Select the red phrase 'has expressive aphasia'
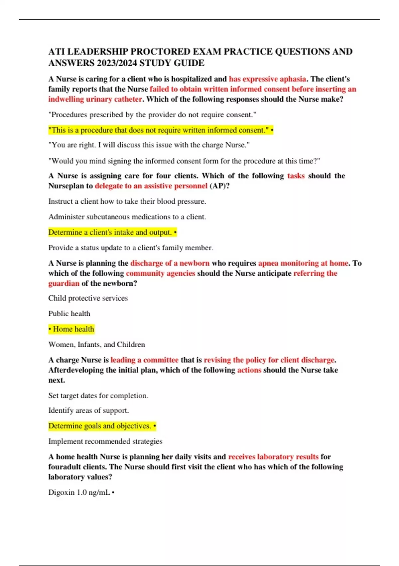(267, 79)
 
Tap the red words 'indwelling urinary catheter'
(95, 99)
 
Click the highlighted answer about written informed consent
(160, 130)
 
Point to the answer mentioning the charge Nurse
(149, 145)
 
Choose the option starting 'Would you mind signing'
(184, 161)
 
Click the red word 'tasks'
(296, 176)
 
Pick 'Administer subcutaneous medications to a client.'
(127, 217)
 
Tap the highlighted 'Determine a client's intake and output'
(112, 232)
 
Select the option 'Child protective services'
(88, 298)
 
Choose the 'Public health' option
(69, 314)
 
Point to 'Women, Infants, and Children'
(96, 345)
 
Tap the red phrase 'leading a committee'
(145, 360)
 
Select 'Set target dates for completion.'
(98, 396)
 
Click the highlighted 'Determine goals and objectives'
(101, 426)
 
